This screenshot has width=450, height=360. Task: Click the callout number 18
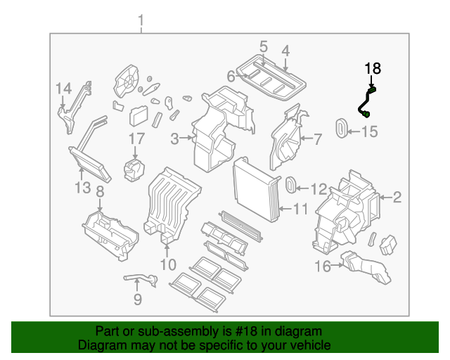pyautogui.click(x=372, y=68)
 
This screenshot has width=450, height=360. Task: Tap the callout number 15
pyautogui.click(x=370, y=131)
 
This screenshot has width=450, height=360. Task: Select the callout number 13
pyautogui.click(x=83, y=188)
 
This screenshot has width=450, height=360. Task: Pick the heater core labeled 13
pyautogui.click(x=89, y=159)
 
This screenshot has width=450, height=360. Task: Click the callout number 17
pyautogui.click(x=136, y=139)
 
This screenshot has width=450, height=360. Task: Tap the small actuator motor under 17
pyautogui.click(x=134, y=169)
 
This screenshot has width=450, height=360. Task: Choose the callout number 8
pyautogui.click(x=100, y=191)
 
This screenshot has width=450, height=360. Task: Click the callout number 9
pyautogui.click(x=137, y=300)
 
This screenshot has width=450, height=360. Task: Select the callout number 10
pyautogui.click(x=167, y=264)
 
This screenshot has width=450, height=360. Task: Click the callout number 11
pyautogui.click(x=301, y=209)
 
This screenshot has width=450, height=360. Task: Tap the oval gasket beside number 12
pyautogui.click(x=289, y=186)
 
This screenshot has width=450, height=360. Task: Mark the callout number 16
pyautogui.click(x=322, y=266)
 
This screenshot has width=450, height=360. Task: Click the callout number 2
pyautogui.click(x=397, y=198)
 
